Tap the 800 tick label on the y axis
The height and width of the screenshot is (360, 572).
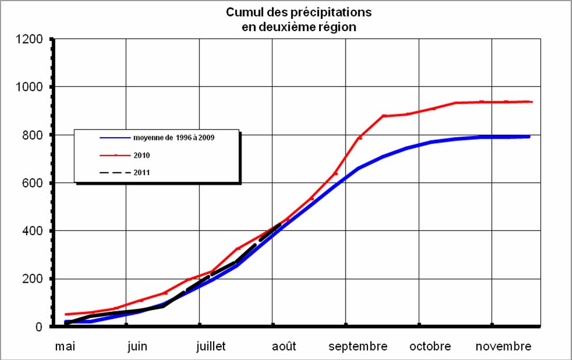[33, 135]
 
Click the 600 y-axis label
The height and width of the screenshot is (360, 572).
[33, 183]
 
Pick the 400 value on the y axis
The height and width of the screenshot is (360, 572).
[33, 231]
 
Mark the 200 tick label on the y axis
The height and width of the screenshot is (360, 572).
[33, 279]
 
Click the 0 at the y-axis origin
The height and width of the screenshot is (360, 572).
[39, 327]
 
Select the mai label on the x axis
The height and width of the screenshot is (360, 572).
[65, 347]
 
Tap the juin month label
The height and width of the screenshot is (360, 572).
[137, 347]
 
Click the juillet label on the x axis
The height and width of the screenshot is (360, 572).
[211, 347]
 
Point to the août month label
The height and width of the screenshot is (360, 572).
[283, 347]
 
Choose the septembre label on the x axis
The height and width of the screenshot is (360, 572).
[358, 347]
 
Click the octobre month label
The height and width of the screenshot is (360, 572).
[430, 347]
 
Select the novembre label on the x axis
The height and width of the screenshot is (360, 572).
[503, 347]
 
